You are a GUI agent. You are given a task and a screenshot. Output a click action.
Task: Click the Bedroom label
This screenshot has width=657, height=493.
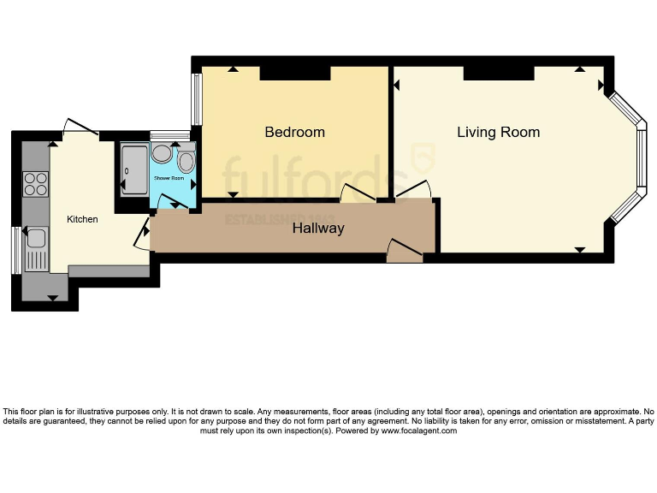point(294,132)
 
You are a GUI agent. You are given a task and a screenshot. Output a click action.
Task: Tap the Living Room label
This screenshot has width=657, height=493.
point(498,132)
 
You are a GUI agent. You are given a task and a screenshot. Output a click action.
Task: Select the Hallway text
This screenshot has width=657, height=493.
point(318,229)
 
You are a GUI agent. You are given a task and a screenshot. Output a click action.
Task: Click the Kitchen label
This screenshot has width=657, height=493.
point(83,219)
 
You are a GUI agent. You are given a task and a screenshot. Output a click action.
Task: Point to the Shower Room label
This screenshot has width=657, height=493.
point(169,178)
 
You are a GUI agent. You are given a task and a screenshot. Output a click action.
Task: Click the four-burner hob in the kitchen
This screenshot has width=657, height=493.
point(36,184)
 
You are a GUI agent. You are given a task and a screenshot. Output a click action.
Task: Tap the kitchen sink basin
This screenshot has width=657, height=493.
point(36,237)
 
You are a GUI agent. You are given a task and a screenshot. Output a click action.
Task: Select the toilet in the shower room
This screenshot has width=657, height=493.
point(186,160)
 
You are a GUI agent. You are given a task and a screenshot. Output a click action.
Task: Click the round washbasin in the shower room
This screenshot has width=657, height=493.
point(161,154)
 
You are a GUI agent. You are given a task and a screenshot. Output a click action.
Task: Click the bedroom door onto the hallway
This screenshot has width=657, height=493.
point(358,196)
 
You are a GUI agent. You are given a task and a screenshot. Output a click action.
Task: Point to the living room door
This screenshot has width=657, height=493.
point(411,192)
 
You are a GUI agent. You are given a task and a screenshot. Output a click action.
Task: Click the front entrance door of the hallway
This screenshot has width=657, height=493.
point(404,250)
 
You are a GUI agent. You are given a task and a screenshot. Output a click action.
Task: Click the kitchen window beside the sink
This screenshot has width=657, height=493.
point(15,250)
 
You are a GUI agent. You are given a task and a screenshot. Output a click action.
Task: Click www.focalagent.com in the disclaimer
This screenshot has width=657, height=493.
point(418,431)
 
